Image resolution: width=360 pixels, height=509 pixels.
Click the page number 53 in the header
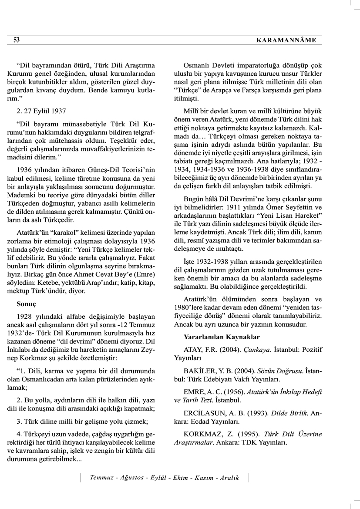pos(17,40)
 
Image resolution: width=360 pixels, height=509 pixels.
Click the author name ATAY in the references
pos(194,350)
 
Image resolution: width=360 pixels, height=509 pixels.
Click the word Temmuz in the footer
pos(101,478)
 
